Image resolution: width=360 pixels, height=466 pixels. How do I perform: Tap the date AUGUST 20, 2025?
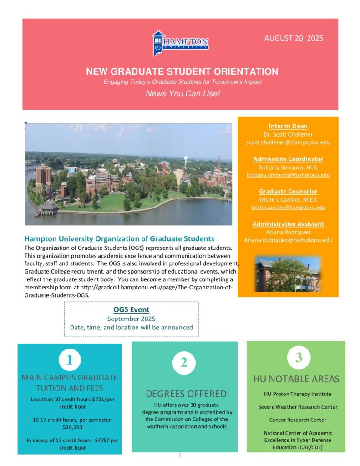[294, 38]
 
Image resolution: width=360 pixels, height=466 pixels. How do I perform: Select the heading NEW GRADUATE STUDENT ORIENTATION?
[182, 71]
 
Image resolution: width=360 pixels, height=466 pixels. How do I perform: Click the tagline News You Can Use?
[182, 94]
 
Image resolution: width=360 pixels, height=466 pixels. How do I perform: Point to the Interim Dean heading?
[288, 126]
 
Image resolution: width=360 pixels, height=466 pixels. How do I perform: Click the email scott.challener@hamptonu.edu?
[288, 142]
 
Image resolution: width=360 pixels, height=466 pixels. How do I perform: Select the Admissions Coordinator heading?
[288, 159]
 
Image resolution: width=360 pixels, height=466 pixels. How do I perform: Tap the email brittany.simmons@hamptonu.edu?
[288, 175]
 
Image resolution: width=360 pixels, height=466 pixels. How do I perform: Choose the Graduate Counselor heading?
[288, 192]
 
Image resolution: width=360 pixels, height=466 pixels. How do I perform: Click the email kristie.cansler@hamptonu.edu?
[288, 208]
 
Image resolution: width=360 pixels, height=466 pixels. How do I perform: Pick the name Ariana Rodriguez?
[288, 232]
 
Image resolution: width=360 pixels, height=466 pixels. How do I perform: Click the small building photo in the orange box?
[288, 274]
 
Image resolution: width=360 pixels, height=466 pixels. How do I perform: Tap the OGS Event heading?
[131, 310]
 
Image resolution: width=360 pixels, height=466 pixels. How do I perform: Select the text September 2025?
[131, 319]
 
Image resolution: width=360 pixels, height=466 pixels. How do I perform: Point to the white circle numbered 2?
[184, 362]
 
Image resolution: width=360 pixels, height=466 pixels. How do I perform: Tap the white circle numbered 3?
[299, 357]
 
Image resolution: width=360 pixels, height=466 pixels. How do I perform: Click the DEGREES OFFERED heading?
[186, 394]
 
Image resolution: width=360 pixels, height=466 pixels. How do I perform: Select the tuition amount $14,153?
[70, 427]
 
